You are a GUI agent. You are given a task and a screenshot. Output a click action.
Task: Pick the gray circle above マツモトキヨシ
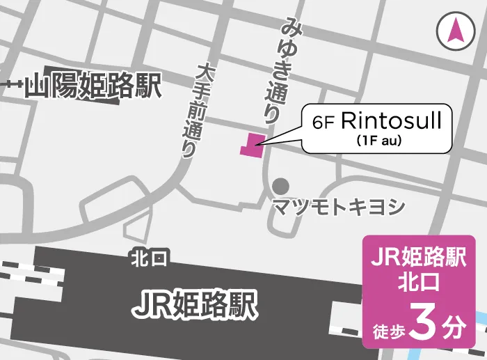(280, 186)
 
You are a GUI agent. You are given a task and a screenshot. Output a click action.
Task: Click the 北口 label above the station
(149, 259)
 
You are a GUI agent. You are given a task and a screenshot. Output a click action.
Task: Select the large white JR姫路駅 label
(195, 303)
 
